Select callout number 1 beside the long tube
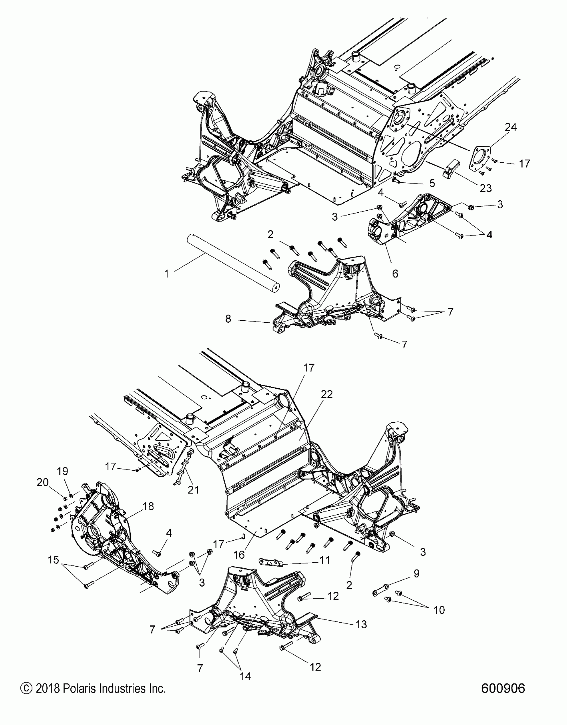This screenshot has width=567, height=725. pyautogui.click(x=166, y=274)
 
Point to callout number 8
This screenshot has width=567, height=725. pyautogui.click(x=228, y=319)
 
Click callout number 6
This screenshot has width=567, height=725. pyautogui.click(x=395, y=274)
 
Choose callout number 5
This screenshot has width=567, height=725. pyautogui.click(x=432, y=183)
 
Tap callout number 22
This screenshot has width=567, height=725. pyautogui.click(x=327, y=394)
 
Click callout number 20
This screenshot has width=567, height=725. pyautogui.click(x=43, y=482)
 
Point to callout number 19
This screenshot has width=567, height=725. pyautogui.click(x=63, y=471)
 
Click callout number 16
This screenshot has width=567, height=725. pyautogui.click(x=239, y=555)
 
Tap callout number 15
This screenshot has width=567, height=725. pyautogui.click(x=53, y=560)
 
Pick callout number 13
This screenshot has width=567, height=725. pyautogui.click(x=362, y=624)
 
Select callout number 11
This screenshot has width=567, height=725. pyautogui.click(x=325, y=560)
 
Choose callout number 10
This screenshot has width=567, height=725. pyautogui.click(x=439, y=610)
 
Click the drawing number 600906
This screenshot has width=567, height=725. pyautogui.click(x=503, y=688)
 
